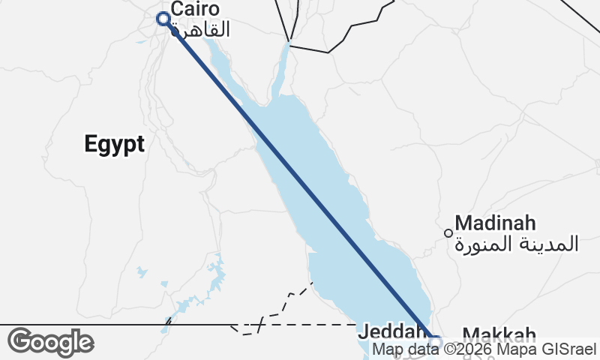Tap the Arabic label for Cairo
(200, 29)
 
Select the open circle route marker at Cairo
(162, 19)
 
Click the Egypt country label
(114, 144)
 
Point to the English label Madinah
(495, 223)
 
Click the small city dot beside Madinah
(448, 232)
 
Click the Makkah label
(499, 334)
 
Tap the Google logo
(51, 342)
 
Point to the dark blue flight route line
(300, 180)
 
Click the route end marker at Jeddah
(433, 342)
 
